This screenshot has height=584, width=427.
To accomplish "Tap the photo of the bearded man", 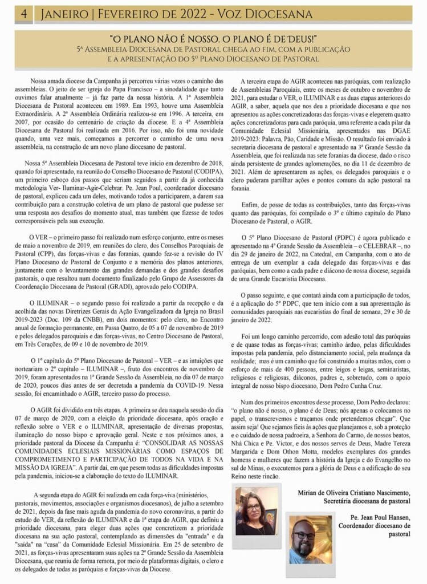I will [310, 540].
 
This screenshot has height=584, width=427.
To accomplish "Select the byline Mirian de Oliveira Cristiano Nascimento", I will [353, 492].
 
